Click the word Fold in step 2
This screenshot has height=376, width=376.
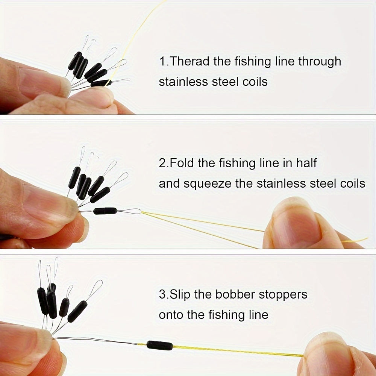[x=182, y=163]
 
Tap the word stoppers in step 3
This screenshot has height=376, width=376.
[x=283, y=295]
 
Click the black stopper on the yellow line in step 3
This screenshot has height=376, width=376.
[x=160, y=345]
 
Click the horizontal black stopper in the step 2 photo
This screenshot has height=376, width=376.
[x=105, y=211]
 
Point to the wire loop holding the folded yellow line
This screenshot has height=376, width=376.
[x=129, y=211]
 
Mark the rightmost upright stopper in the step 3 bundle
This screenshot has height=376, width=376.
[x=77, y=311]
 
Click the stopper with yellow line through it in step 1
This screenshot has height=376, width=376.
[x=101, y=83]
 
